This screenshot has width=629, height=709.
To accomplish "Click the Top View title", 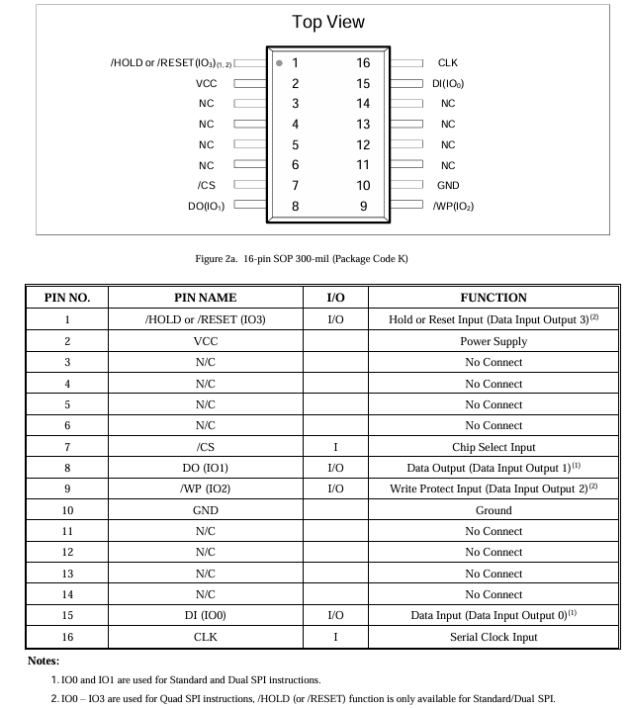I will pos(328,22).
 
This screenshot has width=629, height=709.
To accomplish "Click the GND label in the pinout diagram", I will pos(448,185).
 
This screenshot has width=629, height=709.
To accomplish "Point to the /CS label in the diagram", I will pos(206,185).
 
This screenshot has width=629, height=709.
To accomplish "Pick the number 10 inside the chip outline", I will pos(363,185).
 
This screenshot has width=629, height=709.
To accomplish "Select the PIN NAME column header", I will pos(206,298).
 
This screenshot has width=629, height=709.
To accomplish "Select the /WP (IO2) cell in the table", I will pos(206,489).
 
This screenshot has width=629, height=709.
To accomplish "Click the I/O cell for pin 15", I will pos(335,616).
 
